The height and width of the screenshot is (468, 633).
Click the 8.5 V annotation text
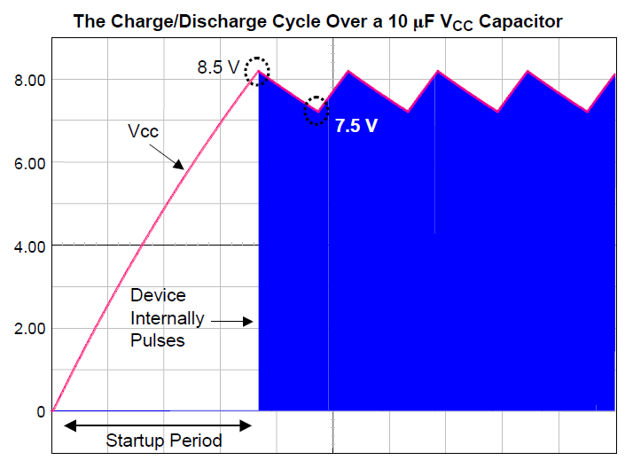click(x=218, y=66)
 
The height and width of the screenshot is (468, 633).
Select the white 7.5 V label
click(x=356, y=126)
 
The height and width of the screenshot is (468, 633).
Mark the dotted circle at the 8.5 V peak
click(x=257, y=72)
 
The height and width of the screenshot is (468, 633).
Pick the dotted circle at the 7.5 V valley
click(x=316, y=111)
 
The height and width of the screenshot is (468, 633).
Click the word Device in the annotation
click(x=158, y=295)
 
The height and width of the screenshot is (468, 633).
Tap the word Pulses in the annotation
click(x=158, y=339)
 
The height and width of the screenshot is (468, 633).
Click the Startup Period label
click(x=164, y=440)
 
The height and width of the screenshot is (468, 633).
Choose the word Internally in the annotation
click(x=168, y=317)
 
